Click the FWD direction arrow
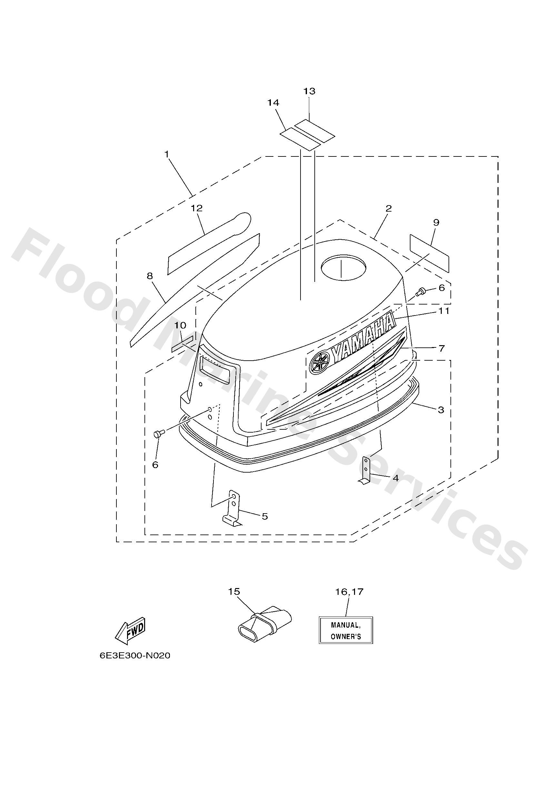coord(130,631)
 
